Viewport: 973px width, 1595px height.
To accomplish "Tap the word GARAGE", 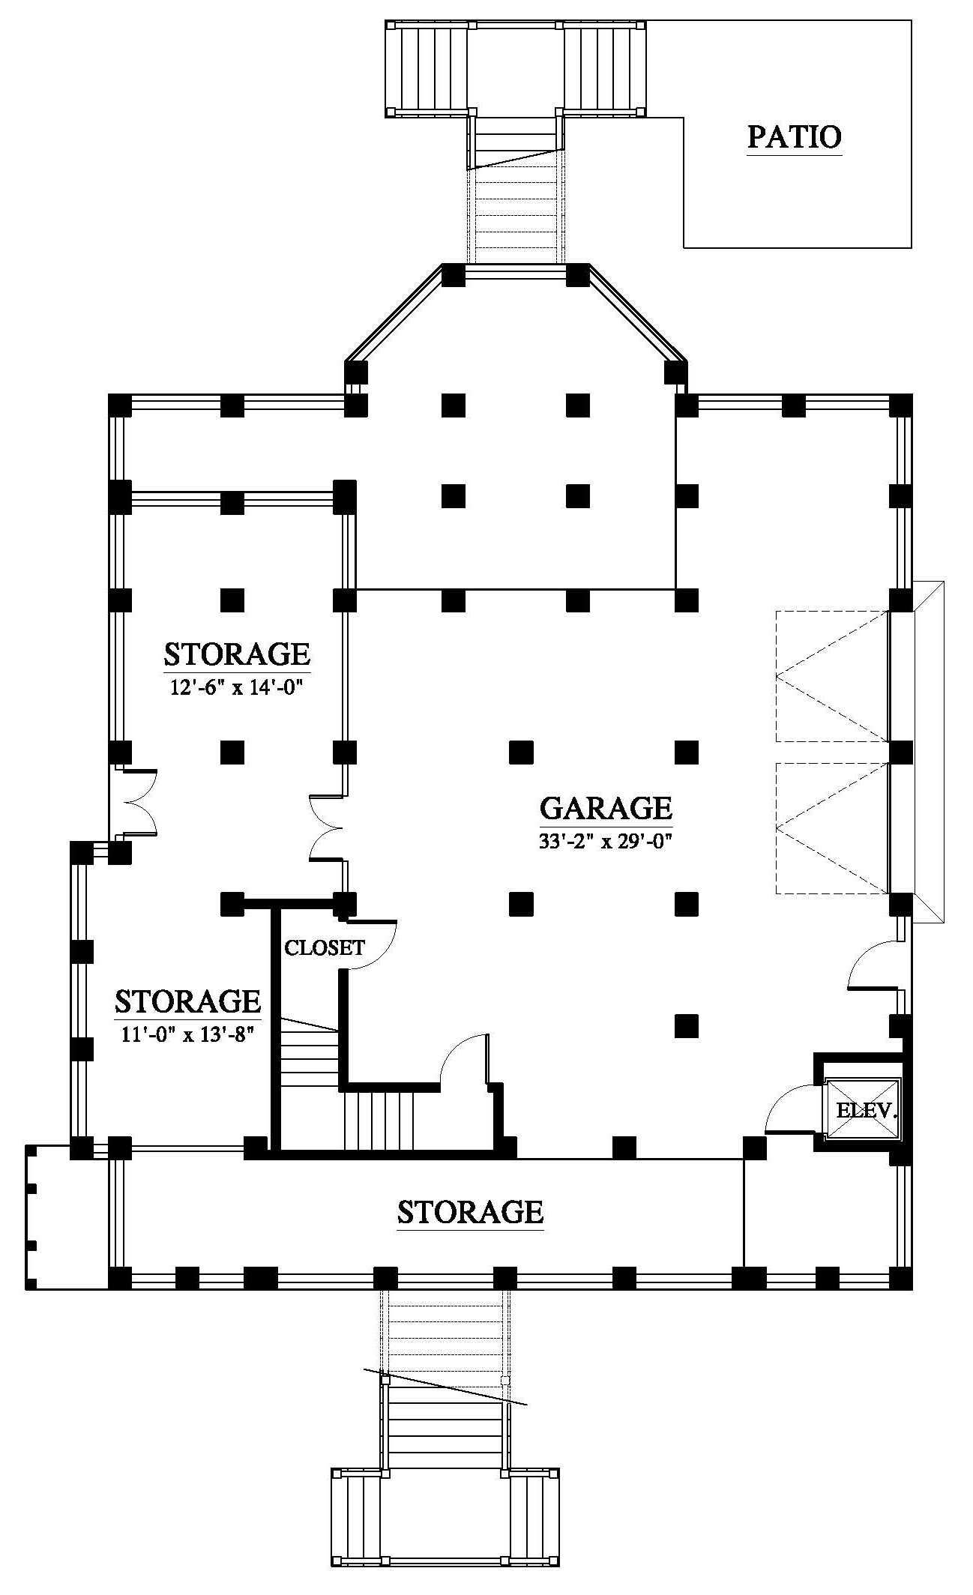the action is point(606,808).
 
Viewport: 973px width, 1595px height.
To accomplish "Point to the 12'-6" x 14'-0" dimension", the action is point(237,687).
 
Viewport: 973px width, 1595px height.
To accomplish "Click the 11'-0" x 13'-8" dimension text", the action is point(187,1034).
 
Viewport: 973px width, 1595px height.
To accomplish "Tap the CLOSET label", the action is point(325,947).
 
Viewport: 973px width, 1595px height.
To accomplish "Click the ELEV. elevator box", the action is point(862,1109).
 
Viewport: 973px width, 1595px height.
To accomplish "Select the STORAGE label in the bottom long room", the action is point(470,1211).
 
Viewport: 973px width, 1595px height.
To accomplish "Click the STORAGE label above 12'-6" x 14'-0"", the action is point(237,654).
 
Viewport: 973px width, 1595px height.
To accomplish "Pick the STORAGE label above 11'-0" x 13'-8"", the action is point(187,1001).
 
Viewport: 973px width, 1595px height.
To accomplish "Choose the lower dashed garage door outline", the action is point(832,827).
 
